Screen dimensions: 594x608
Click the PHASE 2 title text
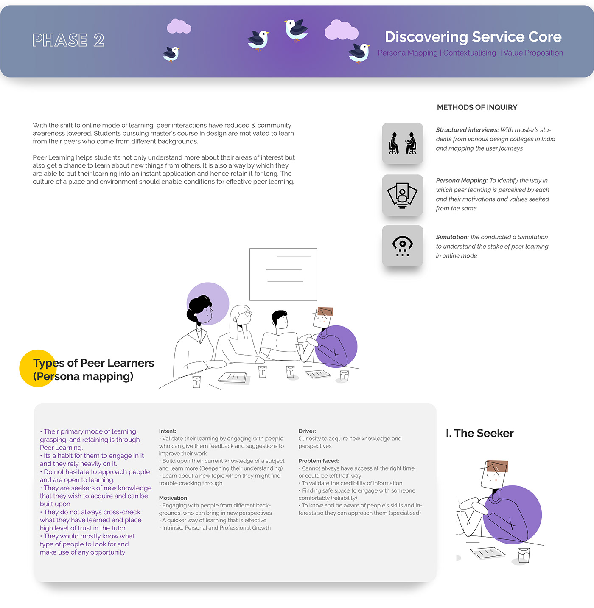pos(68,40)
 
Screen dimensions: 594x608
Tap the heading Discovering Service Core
pos(473,37)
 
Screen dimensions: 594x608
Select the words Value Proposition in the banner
pos(533,53)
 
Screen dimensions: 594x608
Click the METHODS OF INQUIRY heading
pos(477,107)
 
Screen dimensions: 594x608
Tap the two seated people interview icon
pos(403,143)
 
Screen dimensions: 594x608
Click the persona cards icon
pos(403,195)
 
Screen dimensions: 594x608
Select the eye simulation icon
pos(403,246)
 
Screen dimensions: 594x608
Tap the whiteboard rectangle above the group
pos(283,275)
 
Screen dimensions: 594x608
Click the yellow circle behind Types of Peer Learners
pos(38,368)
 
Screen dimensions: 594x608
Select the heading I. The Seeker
pos(479,433)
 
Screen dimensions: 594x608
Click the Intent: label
pos(168,431)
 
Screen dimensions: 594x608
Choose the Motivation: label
pos(174,498)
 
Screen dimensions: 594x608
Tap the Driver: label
pos(307,431)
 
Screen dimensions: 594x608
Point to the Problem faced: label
pos(319,461)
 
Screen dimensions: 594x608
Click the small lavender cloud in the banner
pos(179,26)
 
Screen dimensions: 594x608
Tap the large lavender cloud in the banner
pos(342,30)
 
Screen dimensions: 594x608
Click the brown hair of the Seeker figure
pos(497,466)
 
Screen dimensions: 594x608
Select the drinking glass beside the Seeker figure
pos(524,555)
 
